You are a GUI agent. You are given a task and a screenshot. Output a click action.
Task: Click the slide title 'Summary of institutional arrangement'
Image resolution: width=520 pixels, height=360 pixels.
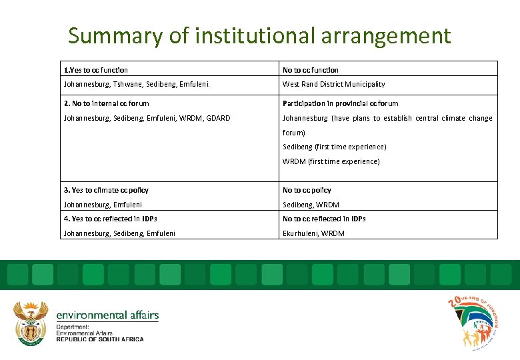click(259, 35)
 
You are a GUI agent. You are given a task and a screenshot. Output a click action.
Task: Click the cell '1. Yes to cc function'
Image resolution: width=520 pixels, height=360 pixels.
click(96, 70)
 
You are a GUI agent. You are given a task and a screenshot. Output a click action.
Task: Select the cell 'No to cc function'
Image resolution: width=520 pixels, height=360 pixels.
click(311, 70)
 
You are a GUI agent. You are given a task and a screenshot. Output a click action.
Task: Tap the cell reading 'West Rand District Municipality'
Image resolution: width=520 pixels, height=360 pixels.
click(333, 84)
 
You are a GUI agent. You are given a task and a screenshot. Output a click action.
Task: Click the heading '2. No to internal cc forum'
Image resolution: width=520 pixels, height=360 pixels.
click(106, 103)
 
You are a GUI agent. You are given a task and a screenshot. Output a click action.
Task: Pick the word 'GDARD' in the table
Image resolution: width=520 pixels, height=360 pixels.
click(218, 118)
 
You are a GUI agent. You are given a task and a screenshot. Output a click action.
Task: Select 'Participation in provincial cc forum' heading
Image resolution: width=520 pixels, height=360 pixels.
click(340, 103)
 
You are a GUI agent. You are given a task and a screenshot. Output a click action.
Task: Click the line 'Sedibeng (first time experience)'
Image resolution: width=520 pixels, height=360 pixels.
click(334, 147)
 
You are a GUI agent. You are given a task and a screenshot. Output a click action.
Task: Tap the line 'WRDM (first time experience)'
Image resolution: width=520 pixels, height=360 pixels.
click(331, 161)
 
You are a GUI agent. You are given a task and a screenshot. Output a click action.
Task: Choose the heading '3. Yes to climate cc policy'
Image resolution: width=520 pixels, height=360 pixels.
click(106, 190)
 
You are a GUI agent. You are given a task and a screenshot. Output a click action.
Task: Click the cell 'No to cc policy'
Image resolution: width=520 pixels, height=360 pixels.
click(307, 190)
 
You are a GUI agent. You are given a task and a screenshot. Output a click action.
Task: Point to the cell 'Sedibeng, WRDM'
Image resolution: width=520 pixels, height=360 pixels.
click(311, 205)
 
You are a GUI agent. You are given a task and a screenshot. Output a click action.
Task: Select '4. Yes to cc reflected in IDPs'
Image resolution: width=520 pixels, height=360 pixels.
click(110, 219)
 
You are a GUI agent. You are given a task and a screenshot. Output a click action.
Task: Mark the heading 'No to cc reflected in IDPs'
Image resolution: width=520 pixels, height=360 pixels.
click(324, 219)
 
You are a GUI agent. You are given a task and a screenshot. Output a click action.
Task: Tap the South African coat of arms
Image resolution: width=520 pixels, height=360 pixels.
click(31, 322)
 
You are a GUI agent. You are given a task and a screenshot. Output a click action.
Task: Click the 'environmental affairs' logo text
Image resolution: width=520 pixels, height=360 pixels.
click(107, 315)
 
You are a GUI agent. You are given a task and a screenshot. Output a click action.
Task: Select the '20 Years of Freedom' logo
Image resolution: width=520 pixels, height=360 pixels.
click(473, 322)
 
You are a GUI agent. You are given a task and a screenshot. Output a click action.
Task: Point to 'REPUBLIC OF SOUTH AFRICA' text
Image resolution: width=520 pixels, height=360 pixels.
click(99, 339)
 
